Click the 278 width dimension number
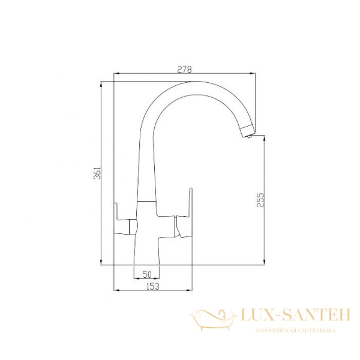tap(184, 69)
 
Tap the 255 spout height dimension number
tap(260, 200)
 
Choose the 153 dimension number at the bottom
tap(152, 287)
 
